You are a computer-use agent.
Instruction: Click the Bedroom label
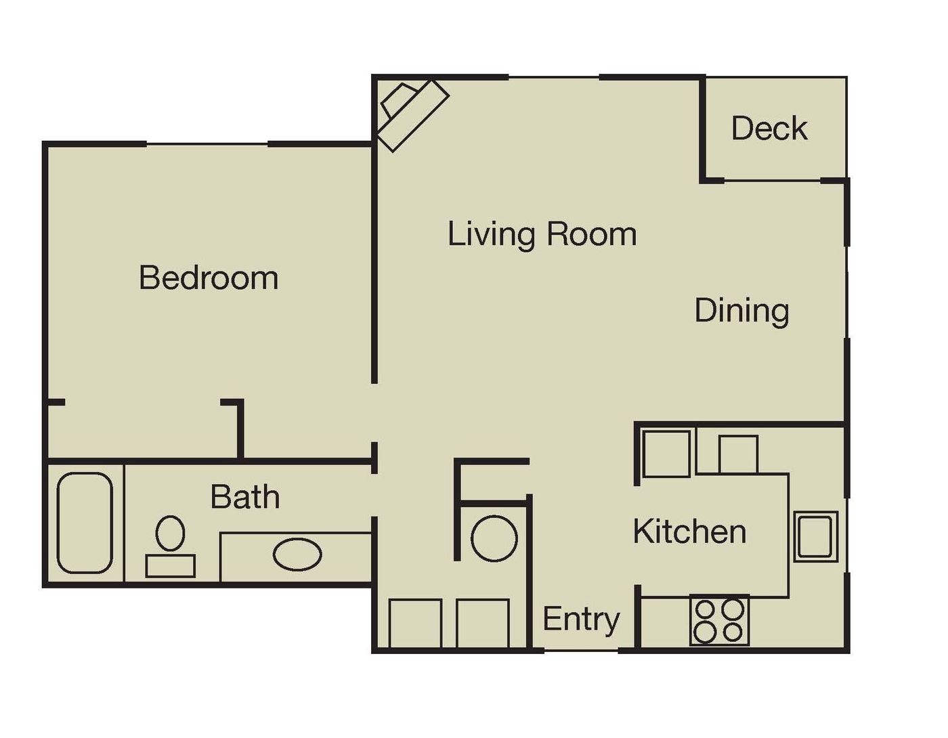209,278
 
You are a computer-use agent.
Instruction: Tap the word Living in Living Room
492,234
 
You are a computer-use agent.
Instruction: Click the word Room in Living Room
592,234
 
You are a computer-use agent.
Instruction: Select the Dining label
742,311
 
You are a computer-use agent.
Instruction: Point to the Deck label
769,128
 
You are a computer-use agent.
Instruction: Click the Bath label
245,497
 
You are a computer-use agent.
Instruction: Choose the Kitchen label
689,531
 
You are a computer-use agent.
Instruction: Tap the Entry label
581,619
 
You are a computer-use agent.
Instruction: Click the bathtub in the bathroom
85,522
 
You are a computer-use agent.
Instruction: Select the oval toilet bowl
170,534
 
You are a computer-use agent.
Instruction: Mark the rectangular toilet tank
171,565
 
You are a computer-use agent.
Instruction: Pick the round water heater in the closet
494,538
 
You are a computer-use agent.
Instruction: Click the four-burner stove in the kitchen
719,621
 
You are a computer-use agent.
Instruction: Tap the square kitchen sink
816,536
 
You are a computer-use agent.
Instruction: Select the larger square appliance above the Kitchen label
666,454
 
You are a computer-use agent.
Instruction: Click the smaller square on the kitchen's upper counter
738,454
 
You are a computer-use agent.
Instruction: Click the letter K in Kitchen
642,531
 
